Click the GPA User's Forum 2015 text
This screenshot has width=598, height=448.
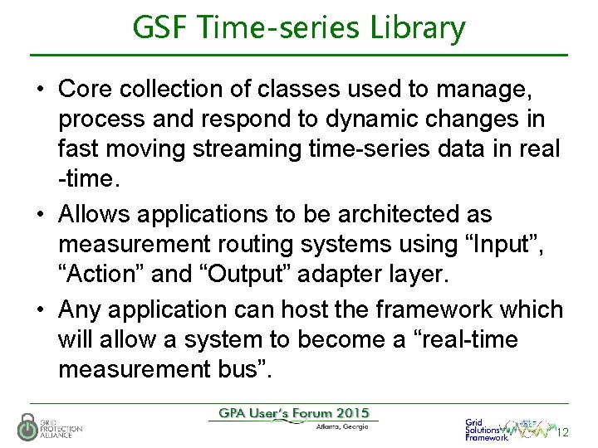click(292, 413)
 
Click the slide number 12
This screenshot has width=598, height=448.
click(562, 432)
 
